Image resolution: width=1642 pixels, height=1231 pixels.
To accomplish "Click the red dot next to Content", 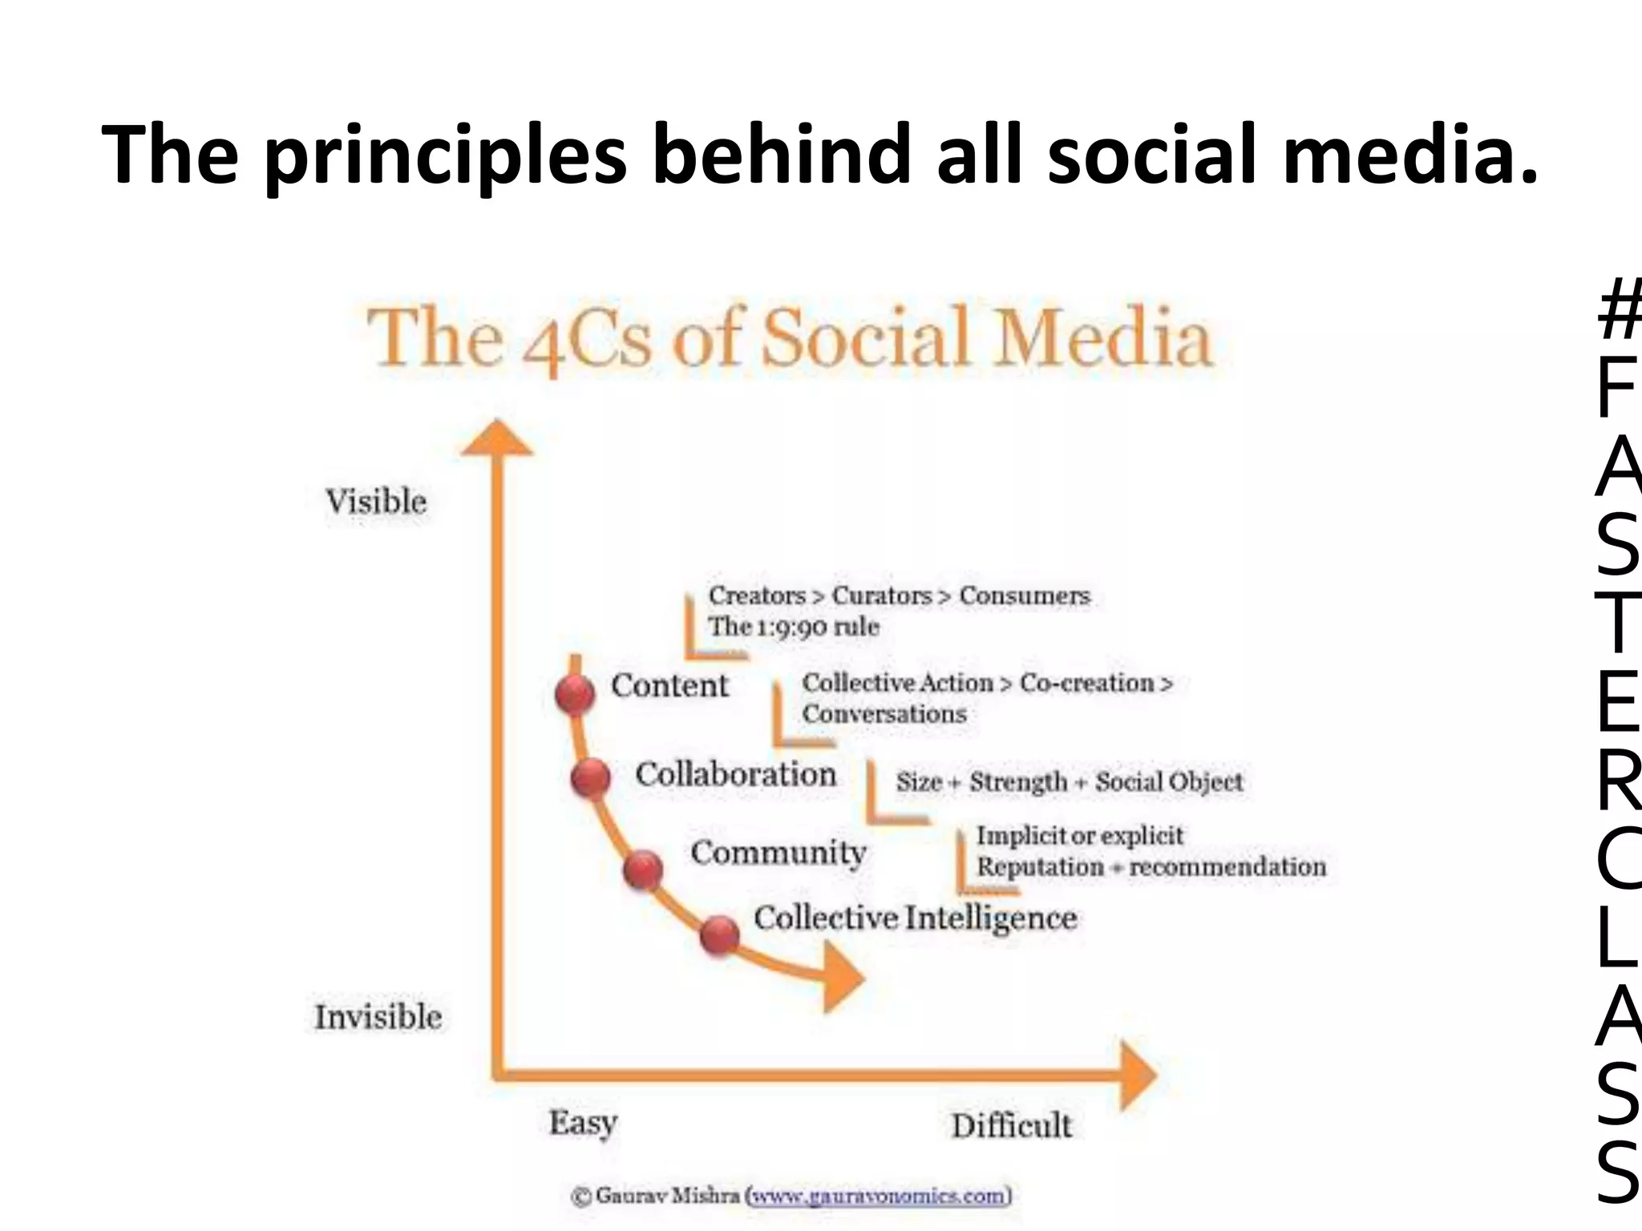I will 575,694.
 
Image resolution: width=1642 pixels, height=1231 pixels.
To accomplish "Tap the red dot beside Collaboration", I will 591,777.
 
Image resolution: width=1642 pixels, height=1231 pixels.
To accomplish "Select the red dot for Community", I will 643,871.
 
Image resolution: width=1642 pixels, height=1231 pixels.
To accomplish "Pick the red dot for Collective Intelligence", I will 719,935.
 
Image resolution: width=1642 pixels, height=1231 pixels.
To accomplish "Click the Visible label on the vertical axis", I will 376,502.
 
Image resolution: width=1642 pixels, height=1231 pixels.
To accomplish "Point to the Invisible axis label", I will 378,1017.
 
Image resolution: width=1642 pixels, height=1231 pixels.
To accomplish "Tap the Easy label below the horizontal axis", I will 583,1123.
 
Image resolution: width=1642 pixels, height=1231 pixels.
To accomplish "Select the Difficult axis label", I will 1011,1126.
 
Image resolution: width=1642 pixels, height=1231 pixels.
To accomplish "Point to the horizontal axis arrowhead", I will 1137,1075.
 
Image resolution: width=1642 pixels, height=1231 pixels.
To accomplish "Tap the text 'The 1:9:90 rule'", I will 793,627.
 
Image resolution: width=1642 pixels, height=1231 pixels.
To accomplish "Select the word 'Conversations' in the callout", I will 884,714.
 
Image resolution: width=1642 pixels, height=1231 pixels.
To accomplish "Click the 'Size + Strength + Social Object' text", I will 1069,781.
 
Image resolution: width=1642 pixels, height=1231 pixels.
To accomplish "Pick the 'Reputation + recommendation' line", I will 1151,867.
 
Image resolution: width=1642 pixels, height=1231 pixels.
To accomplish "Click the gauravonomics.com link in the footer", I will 878,1197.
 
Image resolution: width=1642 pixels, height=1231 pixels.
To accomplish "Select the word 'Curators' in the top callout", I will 882,596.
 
